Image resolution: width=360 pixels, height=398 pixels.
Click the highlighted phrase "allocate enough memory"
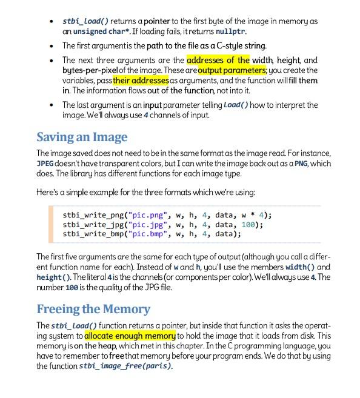130,335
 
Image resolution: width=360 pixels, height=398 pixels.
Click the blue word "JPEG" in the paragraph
46,164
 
